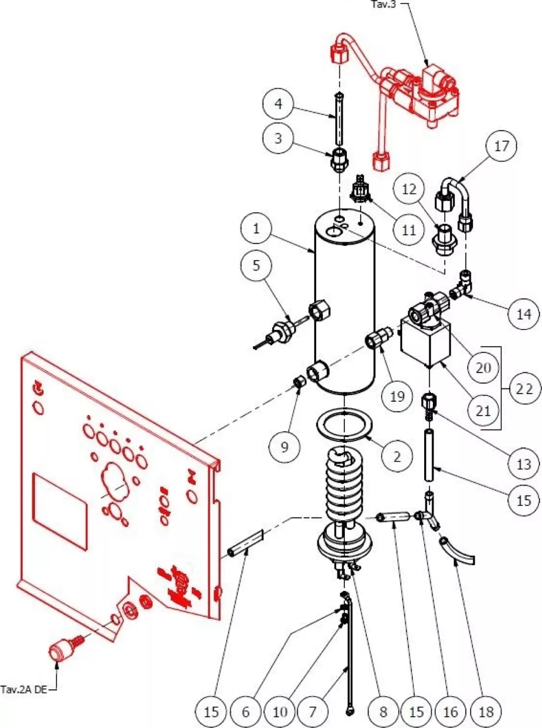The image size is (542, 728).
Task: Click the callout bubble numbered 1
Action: click(x=256, y=228)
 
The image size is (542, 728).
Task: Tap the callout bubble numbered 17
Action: click(x=501, y=147)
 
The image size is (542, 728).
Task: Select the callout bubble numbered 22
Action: click(x=524, y=389)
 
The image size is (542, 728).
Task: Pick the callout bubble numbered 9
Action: click(x=284, y=447)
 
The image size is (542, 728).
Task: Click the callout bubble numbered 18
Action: click(x=486, y=712)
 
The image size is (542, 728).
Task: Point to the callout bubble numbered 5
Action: click(x=256, y=266)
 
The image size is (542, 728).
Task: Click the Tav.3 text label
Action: click(x=384, y=5)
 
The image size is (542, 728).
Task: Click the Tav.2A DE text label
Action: click(x=24, y=689)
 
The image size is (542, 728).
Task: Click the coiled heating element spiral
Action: click(x=344, y=485)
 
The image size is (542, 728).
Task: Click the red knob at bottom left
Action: click(x=61, y=652)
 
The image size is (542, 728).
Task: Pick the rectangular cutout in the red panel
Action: click(x=59, y=511)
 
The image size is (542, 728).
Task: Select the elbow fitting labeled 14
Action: click(x=464, y=286)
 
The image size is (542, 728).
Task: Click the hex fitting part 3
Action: click(x=339, y=160)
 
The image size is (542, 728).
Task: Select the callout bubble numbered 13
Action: click(x=524, y=464)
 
